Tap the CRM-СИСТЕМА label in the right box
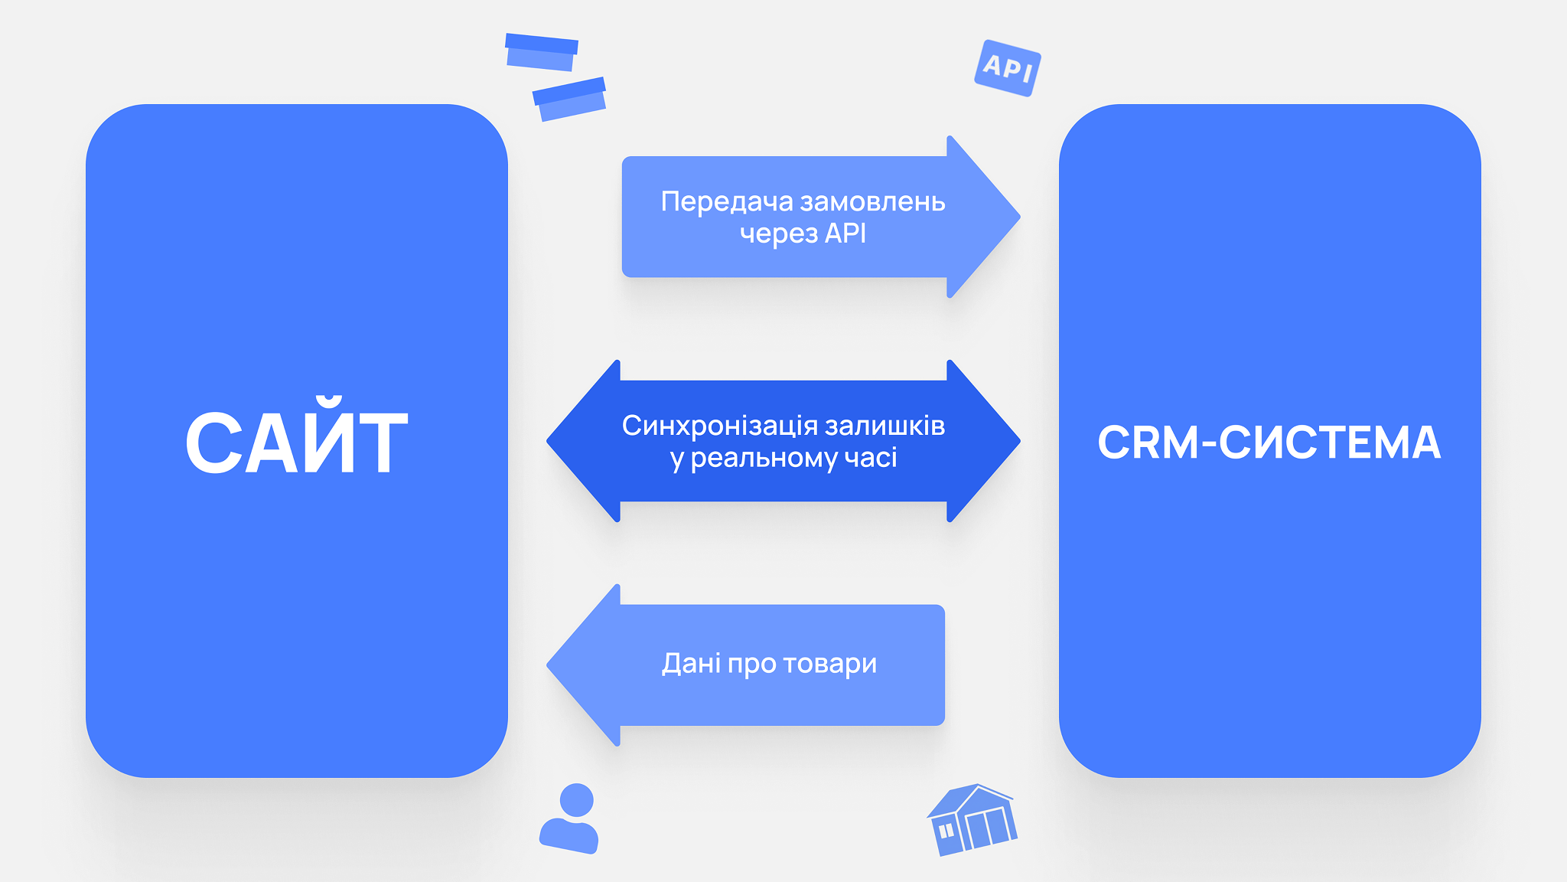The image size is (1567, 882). coord(1269,443)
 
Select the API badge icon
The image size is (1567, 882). coord(1008,68)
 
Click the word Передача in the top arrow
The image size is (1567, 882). coord(727,201)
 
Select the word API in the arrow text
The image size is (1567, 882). coord(845,234)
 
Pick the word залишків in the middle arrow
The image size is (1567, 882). coord(884,426)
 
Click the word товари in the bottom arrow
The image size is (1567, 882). coord(829,663)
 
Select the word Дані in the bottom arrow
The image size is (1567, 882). coord(691,663)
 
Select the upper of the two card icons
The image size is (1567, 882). coord(541,52)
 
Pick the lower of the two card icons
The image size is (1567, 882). coord(570,99)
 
